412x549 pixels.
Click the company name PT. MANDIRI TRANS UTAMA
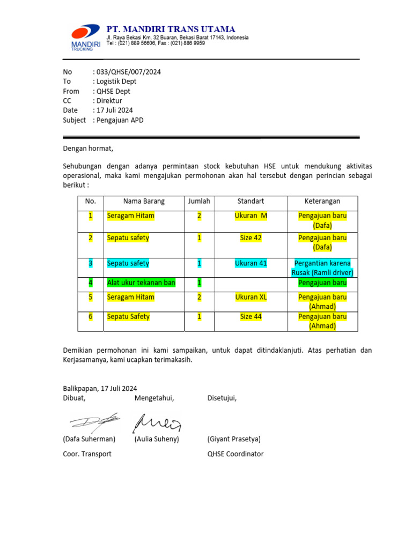pos(171,28)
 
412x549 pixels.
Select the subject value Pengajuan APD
pos(120,120)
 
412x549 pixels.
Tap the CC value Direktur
pos(109,101)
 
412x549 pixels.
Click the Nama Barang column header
pos(144,202)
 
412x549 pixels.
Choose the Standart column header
pos(251,202)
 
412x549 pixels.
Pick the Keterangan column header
pos(322,202)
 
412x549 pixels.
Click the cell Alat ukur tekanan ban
pos(141,283)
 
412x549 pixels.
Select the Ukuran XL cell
pos(251,297)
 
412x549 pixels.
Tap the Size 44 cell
pos(251,317)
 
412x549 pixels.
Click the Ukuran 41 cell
pos(251,263)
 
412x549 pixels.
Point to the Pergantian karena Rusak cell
pos(322,268)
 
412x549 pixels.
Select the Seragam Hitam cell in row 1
pos(131,216)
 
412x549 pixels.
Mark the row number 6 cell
pos(91,317)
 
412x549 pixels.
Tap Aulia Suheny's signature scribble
pos(157,422)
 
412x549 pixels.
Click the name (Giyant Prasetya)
pos(234,439)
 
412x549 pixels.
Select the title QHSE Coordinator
pos(236,454)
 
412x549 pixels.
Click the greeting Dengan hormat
pos(89,149)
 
